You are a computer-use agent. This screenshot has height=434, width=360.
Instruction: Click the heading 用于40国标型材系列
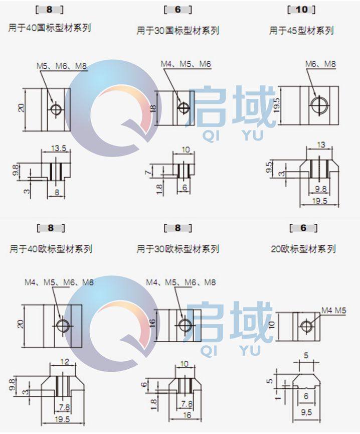[x=50, y=28]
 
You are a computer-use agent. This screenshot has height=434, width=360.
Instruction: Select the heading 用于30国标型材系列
[x=178, y=31]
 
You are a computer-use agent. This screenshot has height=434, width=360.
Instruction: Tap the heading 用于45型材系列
[x=301, y=31]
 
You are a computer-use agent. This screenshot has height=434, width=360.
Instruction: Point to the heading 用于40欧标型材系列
[x=51, y=249]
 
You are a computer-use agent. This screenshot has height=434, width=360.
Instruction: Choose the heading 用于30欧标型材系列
[x=178, y=249]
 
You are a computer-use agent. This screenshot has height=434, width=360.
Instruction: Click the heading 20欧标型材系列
[x=303, y=249]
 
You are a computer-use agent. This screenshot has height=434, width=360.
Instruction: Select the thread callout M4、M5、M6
[x=186, y=64]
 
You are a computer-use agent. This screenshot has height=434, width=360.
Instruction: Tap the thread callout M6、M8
[x=320, y=64]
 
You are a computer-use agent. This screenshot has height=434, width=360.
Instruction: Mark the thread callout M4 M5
[x=334, y=311]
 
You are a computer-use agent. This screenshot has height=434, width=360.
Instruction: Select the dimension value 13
[x=321, y=145]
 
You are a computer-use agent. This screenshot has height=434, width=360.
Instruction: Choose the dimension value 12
[x=64, y=361]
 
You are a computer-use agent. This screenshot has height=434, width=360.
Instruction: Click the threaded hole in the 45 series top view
[x=318, y=104]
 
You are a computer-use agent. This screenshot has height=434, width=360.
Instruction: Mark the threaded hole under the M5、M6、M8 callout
[x=57, y=108]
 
